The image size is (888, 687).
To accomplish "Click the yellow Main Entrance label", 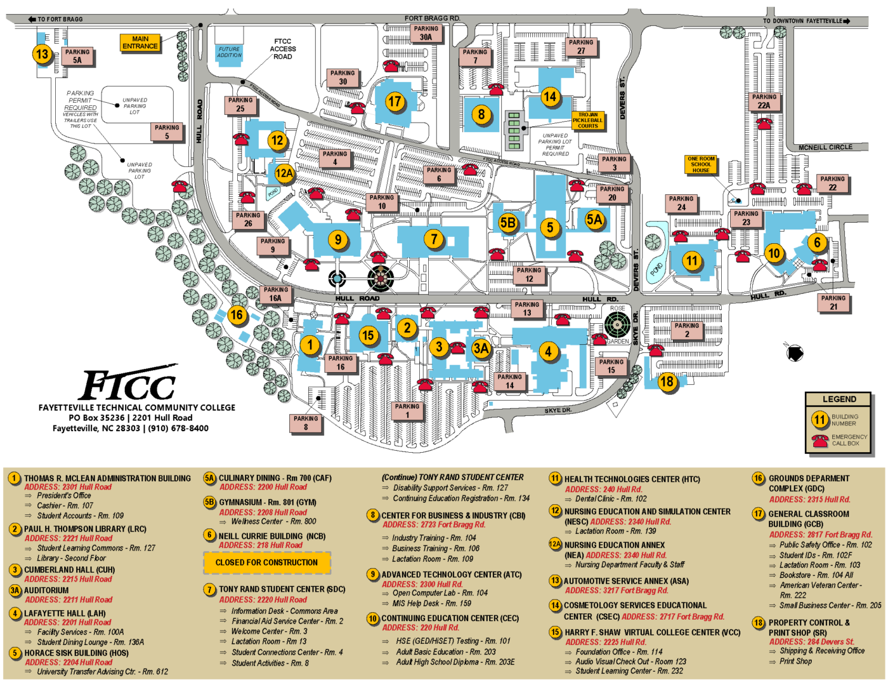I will click(x=140, y=43).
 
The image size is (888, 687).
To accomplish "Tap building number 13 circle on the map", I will click(x=42, y=54).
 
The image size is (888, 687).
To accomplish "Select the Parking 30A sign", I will click(x=426, y=33).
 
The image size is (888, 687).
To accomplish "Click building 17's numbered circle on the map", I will click(x=395, y=102).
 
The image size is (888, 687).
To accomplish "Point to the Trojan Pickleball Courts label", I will click(x=588, y=121).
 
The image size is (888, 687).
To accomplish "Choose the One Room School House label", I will click(x=701, y=164).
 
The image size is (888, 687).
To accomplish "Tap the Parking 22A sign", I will click(x=764, y=102).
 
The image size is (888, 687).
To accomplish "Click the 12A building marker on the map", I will click(x=284, y=173).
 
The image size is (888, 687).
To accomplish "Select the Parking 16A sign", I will click(x=275, y=294).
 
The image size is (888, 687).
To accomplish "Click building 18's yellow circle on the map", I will click(x=667, y=382).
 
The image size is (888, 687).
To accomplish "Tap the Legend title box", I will click(x=839, y=399).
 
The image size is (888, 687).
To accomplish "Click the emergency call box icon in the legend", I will click(x=820, y=441).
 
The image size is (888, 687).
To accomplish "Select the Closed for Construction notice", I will click(x=267, y=563).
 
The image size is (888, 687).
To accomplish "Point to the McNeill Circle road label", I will click(x=825, y=147).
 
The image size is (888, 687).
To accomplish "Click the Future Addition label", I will click(x=229, y=52).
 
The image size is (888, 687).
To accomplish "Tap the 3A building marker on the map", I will click(x=481, y=348).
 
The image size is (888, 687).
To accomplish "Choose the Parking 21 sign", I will click(x=833, y=302).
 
